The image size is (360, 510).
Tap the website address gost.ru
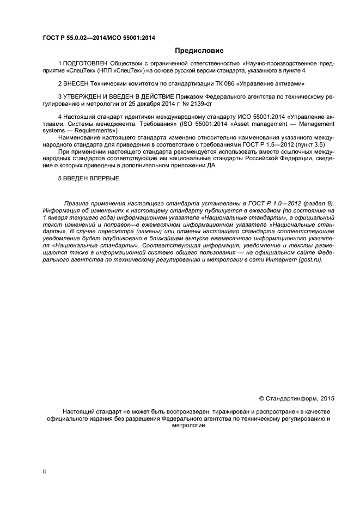[311, 260]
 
